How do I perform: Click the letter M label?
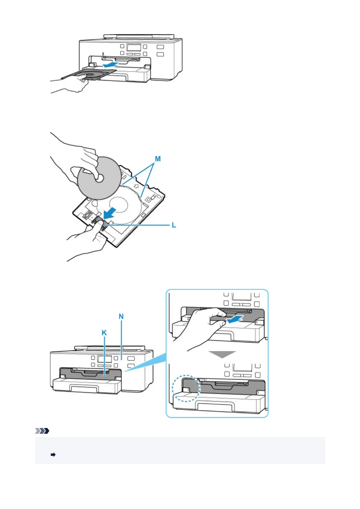pos(157,159)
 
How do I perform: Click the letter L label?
pos(174,225)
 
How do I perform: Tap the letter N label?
pos(121,316)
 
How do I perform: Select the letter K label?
pos(104,333)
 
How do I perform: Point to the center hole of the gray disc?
pos(99,179)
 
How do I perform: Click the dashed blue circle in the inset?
pos(186,388)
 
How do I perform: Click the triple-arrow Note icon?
pos(42,431)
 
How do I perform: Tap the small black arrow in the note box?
pos(53,455)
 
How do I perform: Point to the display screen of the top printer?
pos(134,47)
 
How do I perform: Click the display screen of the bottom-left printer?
pos(105,359)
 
